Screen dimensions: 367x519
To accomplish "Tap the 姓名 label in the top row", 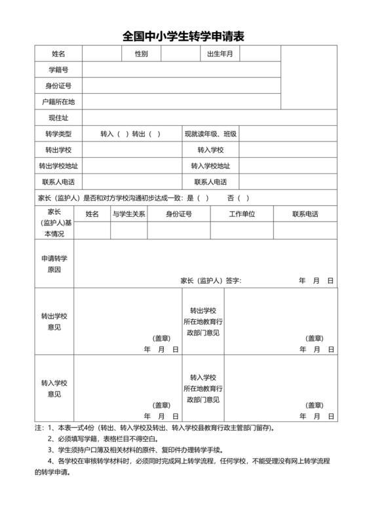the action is pyautogui.click(x=58, y=53).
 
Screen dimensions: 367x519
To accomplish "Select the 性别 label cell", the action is pyautogui.click(x=141, y=53).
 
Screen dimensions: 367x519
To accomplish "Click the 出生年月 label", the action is pyautogui.click(x=220, y=53).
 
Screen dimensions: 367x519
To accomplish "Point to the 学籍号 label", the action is pyautogui.click(x=58, y=69).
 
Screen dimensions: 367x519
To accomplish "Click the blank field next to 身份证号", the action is pyautogui.click(x=180, y=86).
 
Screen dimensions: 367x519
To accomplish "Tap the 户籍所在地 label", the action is pyautogui.click(x=58, y=102).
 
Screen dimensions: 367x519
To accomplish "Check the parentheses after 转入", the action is pyautogui.click(x=123, y=134).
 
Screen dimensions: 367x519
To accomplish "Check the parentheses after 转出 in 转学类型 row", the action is pyautogui.click(x=154, y=134).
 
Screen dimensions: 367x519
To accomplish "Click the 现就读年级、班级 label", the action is pyautogui.click(x=210, y=134).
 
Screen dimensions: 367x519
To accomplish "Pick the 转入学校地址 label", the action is pyautogui.click(x=210, y=166).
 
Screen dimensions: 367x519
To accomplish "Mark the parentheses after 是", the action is pyautogui.click(x=203, y=198).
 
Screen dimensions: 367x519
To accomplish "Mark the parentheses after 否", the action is pyautogui.click(x=243, y=198).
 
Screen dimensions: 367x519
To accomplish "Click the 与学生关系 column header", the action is pyautogui.click(x=128, y=214).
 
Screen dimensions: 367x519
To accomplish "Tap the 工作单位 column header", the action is pyautogui.click(x=241, y=214).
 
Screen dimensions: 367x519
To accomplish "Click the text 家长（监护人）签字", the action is pyautogui.click(x=211, y=280).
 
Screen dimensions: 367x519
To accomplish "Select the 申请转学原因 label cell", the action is pyautogui.click(x=54, y=264).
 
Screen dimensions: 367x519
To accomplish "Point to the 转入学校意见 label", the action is pyautogui.click(x=54, y=388).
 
